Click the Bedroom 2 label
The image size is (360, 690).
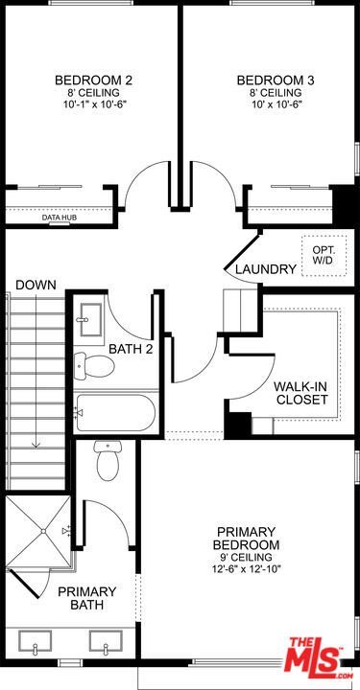[93, 80]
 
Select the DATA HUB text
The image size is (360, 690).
[60, 218]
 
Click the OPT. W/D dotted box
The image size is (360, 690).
[324, 255]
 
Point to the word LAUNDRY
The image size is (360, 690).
[265, 269]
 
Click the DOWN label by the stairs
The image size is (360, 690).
[36, 285]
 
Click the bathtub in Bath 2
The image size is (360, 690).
[115, 413]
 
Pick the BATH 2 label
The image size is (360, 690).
[131, 350]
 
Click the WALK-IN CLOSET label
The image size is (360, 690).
[300, 394]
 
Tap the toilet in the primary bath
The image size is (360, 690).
[108, 460]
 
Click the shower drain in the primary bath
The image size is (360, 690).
[43, 531]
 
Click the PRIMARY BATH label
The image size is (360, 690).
[87, 598]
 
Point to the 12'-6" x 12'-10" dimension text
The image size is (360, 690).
[246, 569]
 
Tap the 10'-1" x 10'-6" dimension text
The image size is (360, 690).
[93, 104]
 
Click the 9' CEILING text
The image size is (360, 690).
[246, 557]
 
